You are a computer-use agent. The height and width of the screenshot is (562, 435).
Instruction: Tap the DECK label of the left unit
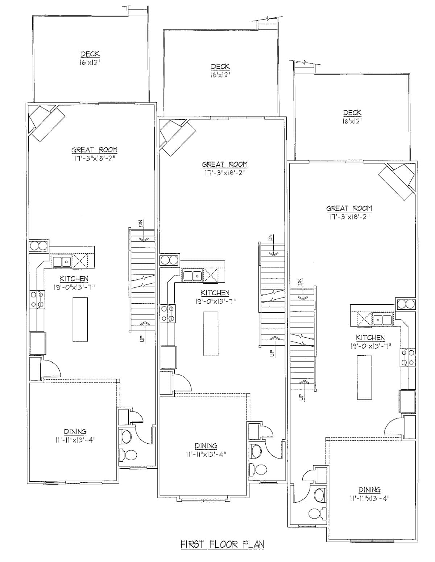pyautogui.click(x=90, y=54)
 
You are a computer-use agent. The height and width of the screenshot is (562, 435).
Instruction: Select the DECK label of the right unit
pyautogui.click(x=352, y=113)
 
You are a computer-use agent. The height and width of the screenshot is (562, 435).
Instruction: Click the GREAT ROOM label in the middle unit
pyautogui.click(x=225, y=164)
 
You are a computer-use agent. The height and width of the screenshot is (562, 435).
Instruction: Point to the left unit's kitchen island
pyautogui.click(x=80, y=319)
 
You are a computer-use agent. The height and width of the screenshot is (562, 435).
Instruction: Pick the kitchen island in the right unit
pyautogui.click(x=365, y=377)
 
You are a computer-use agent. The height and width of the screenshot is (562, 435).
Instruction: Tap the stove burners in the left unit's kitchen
pyautogui.click(x=37, y=299)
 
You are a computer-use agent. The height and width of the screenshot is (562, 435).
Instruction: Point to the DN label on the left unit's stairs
pyautogui.click(x=141, y=224)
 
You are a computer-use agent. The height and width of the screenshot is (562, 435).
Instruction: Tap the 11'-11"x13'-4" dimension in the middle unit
pyautogui.click(x=206, y=454)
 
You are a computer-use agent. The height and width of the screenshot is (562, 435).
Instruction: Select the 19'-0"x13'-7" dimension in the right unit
pyautogui.click(x=370, y=346)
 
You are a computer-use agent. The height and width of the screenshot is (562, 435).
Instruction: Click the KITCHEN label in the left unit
pyautogui.click(x=74, y=279)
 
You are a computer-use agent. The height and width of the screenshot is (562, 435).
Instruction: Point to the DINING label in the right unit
pyautogui.click(x=369, y=490)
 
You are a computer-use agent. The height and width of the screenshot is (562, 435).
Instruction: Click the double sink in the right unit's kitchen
pyautogui.click(x=382, y=320)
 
